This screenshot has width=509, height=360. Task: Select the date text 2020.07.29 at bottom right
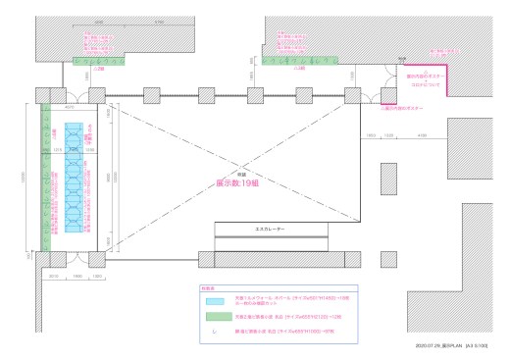pyautogui.click(x=433, y=345)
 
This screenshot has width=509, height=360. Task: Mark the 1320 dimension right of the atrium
pyautogui.click(x=388, y=134)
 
